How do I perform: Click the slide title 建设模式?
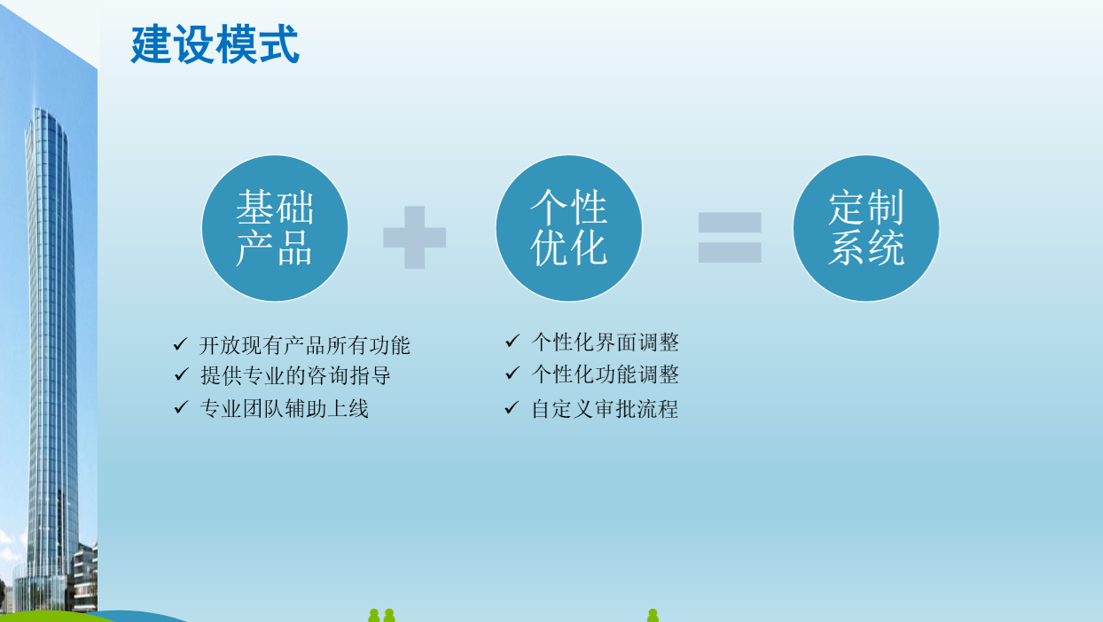[215, 44]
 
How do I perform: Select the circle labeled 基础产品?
[275, 228]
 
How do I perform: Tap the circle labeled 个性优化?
[568, 228]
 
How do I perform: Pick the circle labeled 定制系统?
[866, 228]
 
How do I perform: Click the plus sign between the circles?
[415, 238]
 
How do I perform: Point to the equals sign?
[730, 238]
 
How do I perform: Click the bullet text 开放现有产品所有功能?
[305, 345]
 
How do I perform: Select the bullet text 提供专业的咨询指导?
[295, 375]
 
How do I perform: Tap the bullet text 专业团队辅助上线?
[284, 408]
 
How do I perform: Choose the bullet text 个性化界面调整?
[606, 342]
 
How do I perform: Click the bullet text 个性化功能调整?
[606, 374]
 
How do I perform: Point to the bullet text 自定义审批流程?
[606, 408]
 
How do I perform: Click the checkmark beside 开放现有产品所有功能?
[180, 344]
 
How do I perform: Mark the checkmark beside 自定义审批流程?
[512, 407]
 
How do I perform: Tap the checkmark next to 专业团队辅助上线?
[181, 407]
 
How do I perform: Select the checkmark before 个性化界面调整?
[512, 341]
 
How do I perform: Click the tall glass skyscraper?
[51, 345]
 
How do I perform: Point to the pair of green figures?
[381, 615]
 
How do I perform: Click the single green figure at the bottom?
[653, 615]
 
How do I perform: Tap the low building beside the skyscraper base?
[85, 576]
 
